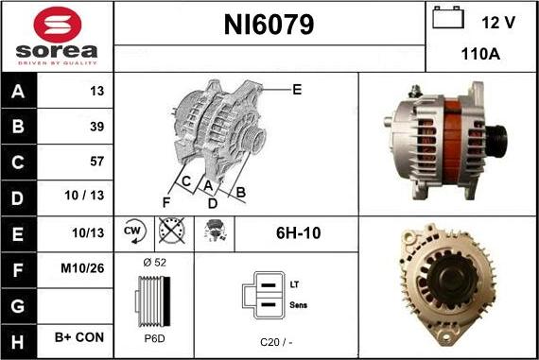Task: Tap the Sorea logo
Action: coord(57,37)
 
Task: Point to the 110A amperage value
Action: coord(481,55)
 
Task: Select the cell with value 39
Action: coord(96,126)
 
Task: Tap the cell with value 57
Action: coord(96,161)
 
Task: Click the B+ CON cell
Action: coord(78,337)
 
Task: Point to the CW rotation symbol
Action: coord(133,231)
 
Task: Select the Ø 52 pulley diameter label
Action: coord(153,262)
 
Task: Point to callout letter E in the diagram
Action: coord(297,91)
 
